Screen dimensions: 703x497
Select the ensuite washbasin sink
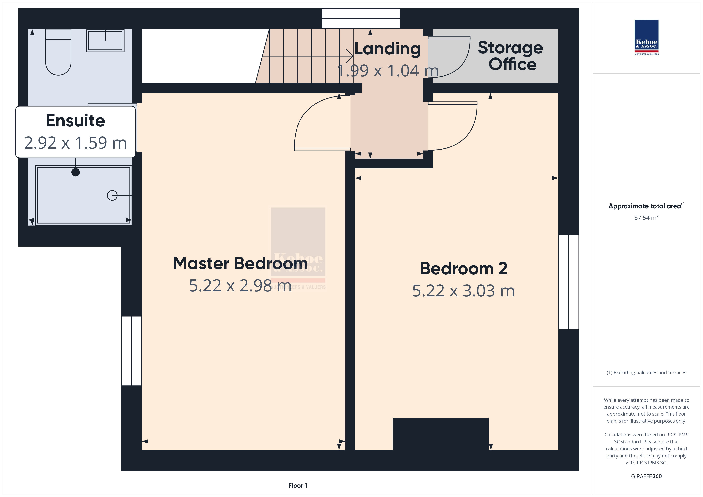coord(105,41)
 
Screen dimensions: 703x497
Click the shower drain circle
coord(112,195)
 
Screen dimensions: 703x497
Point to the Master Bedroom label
coord(240,263)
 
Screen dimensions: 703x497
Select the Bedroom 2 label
coord(463,268)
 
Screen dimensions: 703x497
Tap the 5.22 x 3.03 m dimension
coord(463,291)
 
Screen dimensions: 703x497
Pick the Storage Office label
coord(510,56)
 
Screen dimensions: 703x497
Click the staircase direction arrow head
coord(350,56)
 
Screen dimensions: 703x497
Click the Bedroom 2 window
coord(568,282)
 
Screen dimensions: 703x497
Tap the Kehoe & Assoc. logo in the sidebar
coord(646,37)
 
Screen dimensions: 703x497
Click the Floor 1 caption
coord(298,486)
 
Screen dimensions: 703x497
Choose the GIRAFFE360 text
coord(646,476)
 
